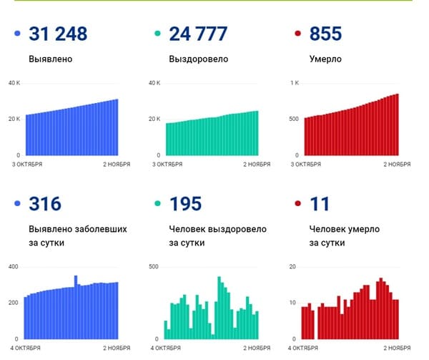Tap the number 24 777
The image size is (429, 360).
click(x=198, y=34)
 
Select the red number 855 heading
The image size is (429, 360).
click(x=326, y=34)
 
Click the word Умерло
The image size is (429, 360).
click(x=325, y=59)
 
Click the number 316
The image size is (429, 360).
click(x=45, y=204)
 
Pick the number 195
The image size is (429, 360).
click(x=185, y=204)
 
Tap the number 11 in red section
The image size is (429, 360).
click(x=320, y=204)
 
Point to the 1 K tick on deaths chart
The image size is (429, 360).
click(x=293, y=84)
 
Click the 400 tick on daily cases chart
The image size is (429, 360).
click(x=12, y=267)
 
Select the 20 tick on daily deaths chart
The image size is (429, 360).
click(x=292, y=267)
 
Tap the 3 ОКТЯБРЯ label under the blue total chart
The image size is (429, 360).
click(x=25, y=165)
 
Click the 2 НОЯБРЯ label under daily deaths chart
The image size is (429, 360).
click(x=394, y=348)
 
